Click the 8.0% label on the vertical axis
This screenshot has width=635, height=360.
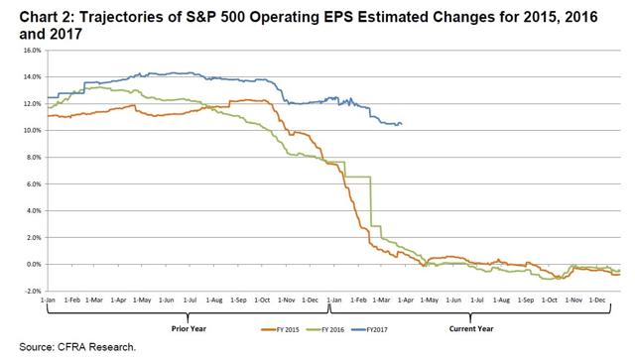pos(30,157)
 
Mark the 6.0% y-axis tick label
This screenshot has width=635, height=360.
pos(30,183)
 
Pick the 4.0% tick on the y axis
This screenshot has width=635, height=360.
pos(30,210)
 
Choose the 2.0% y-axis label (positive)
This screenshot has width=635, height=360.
pos(30,237)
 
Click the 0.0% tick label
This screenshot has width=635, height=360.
pos(30,264)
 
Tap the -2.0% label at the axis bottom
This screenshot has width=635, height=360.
pos(29,291)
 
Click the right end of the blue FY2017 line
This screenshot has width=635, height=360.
pos(401,124)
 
